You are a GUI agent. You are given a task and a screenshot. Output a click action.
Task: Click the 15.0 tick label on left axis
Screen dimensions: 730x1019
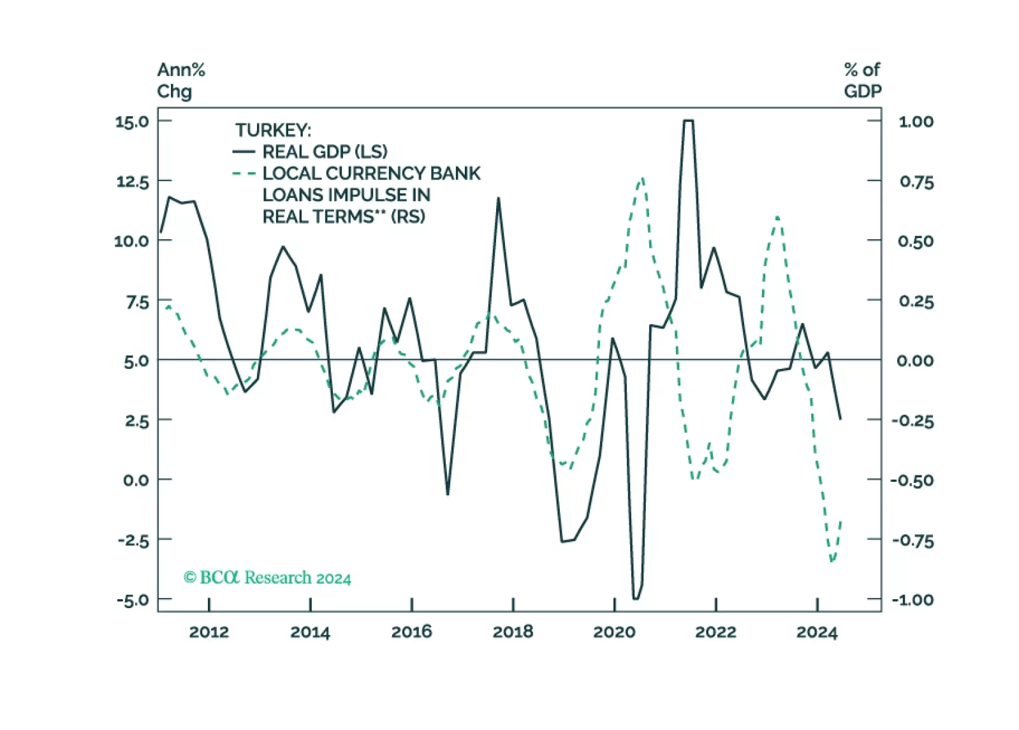(131, 121)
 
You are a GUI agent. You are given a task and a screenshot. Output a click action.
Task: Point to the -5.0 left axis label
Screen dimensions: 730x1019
(132, 600)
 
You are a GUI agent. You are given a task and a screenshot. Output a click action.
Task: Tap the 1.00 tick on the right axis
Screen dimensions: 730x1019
(916, 121)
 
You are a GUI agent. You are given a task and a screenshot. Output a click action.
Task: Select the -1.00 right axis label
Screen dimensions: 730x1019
(913, 600)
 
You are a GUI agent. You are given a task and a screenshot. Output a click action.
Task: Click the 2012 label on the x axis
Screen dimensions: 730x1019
(209, 632)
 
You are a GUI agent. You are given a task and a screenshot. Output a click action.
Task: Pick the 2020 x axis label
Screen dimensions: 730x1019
(614, 632)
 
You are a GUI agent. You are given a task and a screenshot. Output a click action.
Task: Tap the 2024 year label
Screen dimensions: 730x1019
(816, 632)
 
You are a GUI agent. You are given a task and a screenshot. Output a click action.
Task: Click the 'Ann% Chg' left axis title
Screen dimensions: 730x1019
(180, 80)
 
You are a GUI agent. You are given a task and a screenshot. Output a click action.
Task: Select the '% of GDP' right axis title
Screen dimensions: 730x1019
(862, 80)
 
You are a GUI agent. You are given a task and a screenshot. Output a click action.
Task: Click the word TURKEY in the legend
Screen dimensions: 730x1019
(273, 130)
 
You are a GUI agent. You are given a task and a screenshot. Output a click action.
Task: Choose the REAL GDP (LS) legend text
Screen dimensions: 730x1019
(325, 152)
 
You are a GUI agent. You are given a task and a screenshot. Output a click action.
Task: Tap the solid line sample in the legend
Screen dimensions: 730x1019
(244, 152)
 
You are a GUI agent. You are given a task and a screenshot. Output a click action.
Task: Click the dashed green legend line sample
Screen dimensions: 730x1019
(244, 174)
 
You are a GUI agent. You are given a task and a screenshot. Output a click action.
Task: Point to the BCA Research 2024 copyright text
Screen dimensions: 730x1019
(267, 578)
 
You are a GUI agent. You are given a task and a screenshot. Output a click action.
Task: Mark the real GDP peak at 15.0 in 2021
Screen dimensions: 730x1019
(688, 121)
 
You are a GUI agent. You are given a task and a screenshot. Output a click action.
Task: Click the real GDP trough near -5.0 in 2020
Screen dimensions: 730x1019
(635, 598)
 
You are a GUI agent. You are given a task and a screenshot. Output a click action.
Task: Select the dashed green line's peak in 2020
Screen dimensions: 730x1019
(641, 178)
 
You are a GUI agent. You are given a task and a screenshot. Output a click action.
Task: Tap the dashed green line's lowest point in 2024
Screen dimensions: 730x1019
(832, 561)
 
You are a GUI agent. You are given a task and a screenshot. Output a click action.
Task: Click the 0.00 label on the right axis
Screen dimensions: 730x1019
(915, 361)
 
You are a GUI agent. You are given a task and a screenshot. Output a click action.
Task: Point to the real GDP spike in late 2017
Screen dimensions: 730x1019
(499, 198)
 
